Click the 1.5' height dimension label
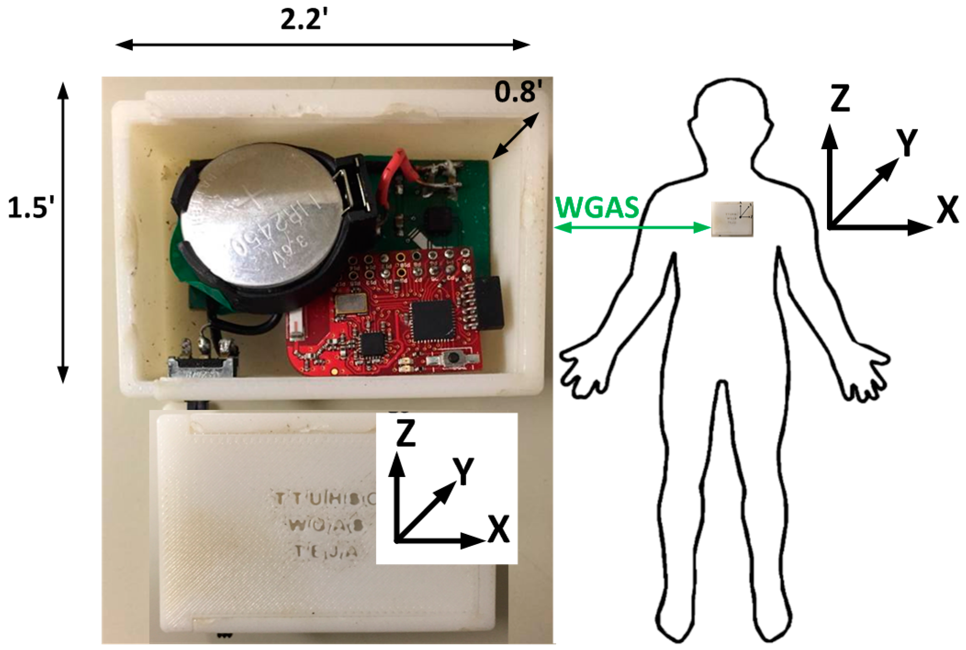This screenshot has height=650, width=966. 31,208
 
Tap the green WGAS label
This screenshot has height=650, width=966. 597,208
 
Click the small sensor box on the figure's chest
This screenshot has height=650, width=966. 732,219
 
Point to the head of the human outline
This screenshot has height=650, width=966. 731,115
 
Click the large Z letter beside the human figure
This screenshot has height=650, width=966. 840,98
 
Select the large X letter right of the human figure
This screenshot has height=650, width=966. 947,210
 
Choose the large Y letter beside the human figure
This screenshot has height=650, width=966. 906,143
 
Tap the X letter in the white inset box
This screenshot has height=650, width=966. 499,529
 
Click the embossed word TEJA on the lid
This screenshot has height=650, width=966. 326,551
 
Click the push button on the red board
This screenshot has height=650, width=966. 454,357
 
